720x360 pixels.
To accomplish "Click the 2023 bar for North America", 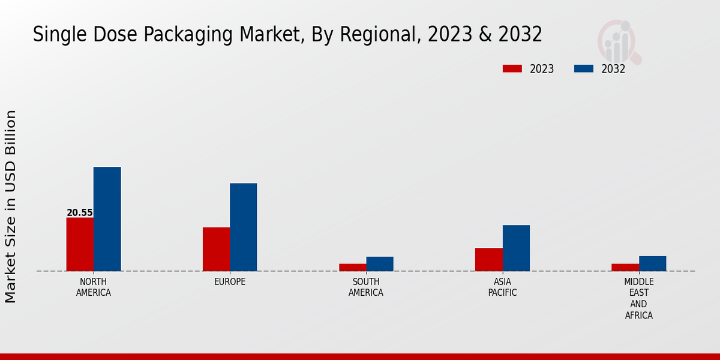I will (x=80, y=244).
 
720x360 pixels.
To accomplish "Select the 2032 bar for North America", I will (x=107, y=219).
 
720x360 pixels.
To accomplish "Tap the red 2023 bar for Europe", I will (x=216, y=249).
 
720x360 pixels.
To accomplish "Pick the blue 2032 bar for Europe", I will (x=243, y=227).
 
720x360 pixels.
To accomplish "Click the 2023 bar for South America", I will (x=352, y=268).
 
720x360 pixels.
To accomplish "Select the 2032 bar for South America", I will (x=380, y=264).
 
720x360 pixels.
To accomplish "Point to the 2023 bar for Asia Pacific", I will (x=488, y=259).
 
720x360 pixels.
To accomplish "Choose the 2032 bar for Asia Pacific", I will (x=516, y=248).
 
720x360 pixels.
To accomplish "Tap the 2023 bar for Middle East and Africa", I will (x=625, y=268).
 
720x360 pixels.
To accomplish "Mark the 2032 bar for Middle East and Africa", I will (x=652, y=263).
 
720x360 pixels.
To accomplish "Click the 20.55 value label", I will (x=80, y=213).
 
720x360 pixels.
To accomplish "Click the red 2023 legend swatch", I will (x=512, y=68).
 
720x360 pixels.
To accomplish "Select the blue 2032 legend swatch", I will (x=584, y=68).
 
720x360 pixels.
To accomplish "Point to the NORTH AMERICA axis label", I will (x=94, y=287).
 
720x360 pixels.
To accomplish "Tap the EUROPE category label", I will (x=230, y=282).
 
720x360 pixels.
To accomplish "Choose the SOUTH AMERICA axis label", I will (x=366, y=287).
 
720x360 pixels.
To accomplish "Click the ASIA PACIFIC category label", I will (x=502, y=287).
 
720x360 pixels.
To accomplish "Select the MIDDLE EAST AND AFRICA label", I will (x=639, y=298).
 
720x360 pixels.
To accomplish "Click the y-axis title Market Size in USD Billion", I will (x=11, y=206).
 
